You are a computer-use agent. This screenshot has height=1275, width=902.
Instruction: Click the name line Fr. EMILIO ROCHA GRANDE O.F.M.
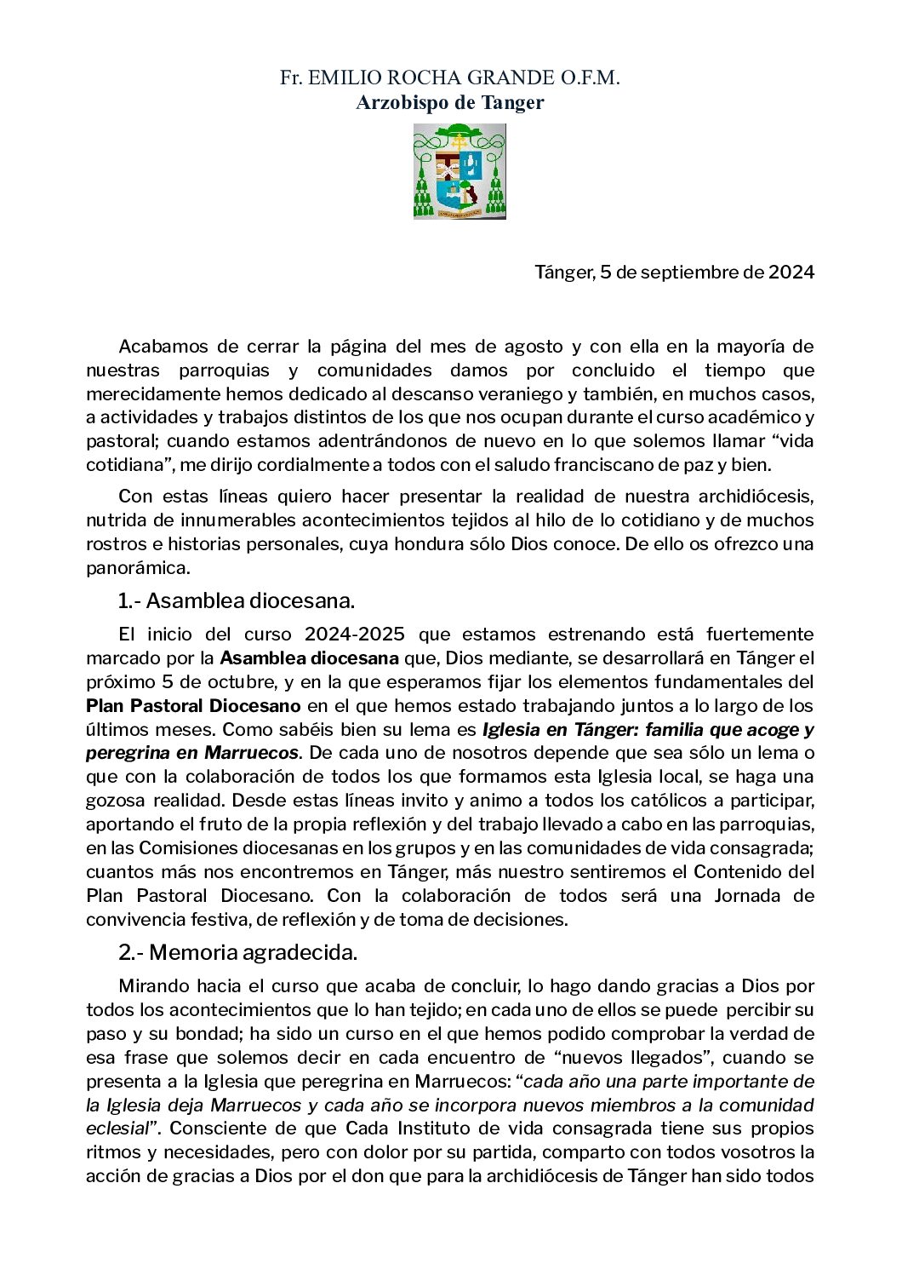tap(449, 78)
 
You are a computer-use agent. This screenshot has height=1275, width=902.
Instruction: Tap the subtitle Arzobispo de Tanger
tap(449, 103)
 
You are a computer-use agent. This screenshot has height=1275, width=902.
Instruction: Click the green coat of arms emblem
tap(460, 171)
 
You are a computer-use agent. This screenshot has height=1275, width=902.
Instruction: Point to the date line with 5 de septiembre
tap(674, 273)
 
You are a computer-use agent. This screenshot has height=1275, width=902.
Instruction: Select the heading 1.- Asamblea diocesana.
tap(236, 601)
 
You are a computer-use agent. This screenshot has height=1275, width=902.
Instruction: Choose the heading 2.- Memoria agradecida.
tap(237, 953)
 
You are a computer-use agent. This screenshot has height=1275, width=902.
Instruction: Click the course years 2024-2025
tap(354, 635)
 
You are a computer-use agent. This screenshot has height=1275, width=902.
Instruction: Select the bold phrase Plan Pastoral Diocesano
tap(193, 706)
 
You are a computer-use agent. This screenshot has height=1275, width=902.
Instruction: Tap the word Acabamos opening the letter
tap(162, 347)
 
